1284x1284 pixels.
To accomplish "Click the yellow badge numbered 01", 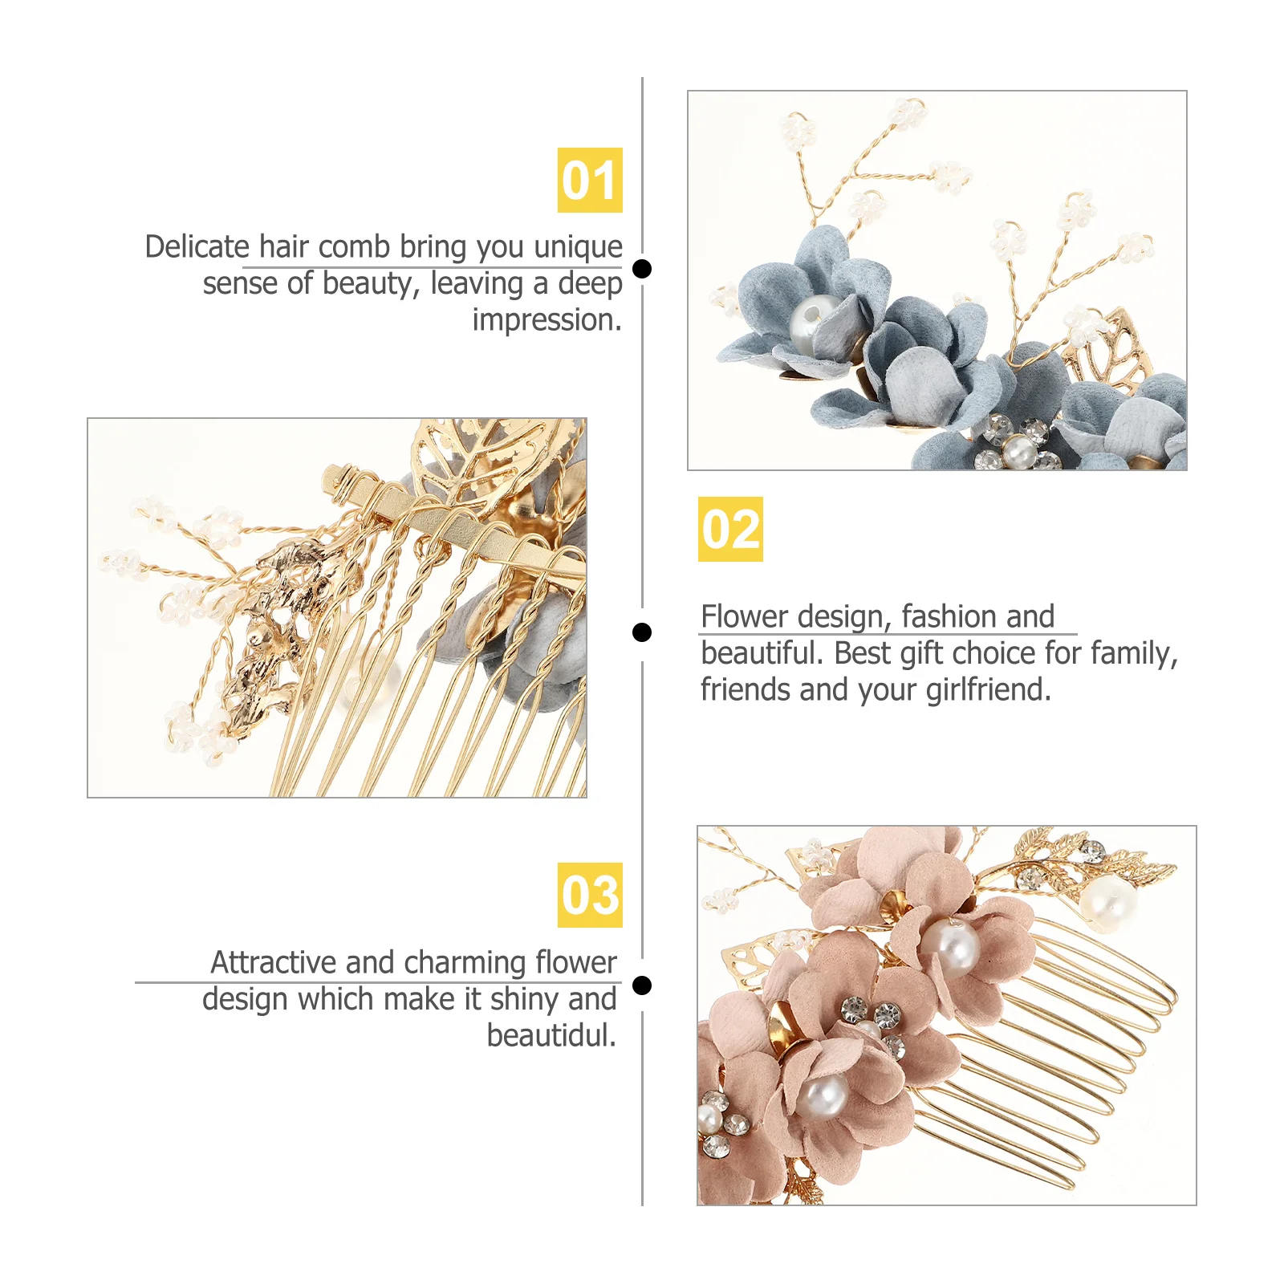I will (x=590, y=180).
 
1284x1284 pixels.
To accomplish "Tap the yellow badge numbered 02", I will (x=730, y=529).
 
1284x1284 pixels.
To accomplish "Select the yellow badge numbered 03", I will (x=590, y=895).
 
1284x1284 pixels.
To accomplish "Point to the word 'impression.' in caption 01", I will (x=547, y=320).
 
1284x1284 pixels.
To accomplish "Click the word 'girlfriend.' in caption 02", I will (x=988, y=690).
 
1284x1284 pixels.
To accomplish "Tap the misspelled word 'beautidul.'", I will (x=551, y=1035).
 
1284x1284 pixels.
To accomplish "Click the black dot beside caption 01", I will (x=642, y=269).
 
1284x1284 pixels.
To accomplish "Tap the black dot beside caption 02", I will (x=642, y=632).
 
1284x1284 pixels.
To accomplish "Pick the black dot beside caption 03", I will (x=642, y=985).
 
